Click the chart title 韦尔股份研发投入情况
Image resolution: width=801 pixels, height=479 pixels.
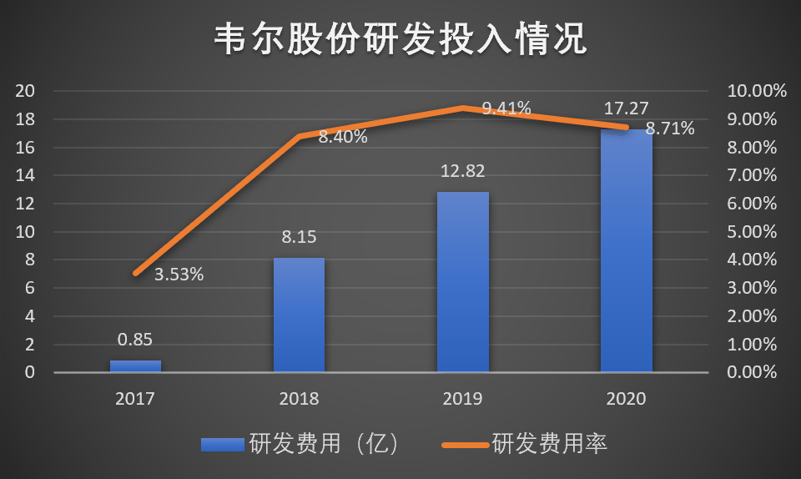click(400, 38)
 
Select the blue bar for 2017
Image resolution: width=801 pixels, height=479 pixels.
click(135, 366)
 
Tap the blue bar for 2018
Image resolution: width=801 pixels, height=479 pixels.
click(299, 315)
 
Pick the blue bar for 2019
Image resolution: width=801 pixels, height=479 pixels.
click(462, 282)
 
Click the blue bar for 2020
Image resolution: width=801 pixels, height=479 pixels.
click(626, 250)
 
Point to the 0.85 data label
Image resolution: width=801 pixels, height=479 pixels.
click(135, 340)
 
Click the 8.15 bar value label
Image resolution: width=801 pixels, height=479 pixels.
click(299, 236)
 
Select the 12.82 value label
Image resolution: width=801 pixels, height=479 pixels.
click(462, 171)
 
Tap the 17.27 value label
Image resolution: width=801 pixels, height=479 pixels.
click(626, 108)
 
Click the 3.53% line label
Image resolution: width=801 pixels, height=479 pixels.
click(179, 274)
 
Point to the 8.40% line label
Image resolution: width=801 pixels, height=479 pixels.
click(343, 137)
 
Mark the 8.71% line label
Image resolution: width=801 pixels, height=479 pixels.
click(670, 129)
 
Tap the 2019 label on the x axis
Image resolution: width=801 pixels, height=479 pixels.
click(462, 399)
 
